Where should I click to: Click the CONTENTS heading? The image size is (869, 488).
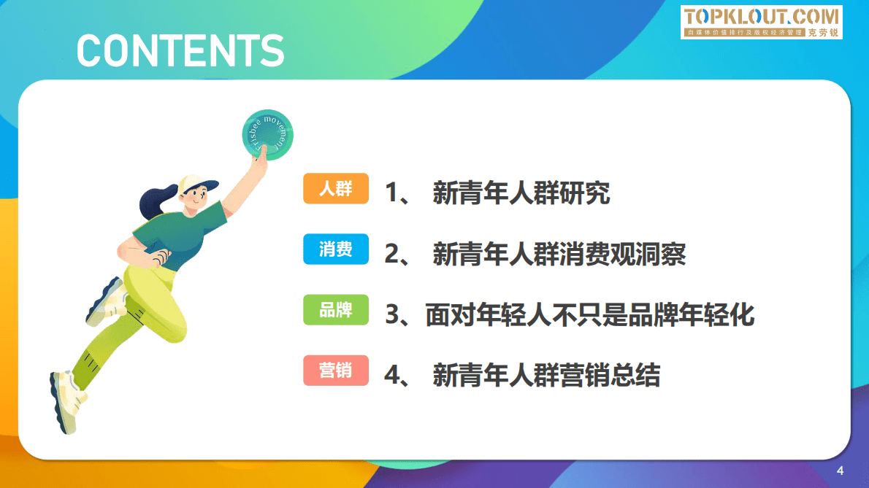coord(180,50)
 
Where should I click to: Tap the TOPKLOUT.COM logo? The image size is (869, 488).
coord(762,22)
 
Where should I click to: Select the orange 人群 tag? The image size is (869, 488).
coord(336,189)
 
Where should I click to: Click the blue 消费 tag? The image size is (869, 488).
coord(336,249)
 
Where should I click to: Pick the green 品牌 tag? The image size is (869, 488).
coord(336,310)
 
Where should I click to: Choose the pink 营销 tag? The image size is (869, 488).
coord(336,371)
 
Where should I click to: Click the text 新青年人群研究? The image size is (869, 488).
coord(521,193)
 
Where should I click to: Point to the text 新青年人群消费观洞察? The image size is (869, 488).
coord(559,254)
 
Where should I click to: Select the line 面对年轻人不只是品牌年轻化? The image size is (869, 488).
coord(589,315)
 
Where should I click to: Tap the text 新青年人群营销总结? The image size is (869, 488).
coord(545,376)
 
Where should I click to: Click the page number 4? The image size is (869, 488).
coord(840,470)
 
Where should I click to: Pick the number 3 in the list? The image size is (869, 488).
coord(393,315)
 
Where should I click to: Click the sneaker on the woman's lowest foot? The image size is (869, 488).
coord(66,400)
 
